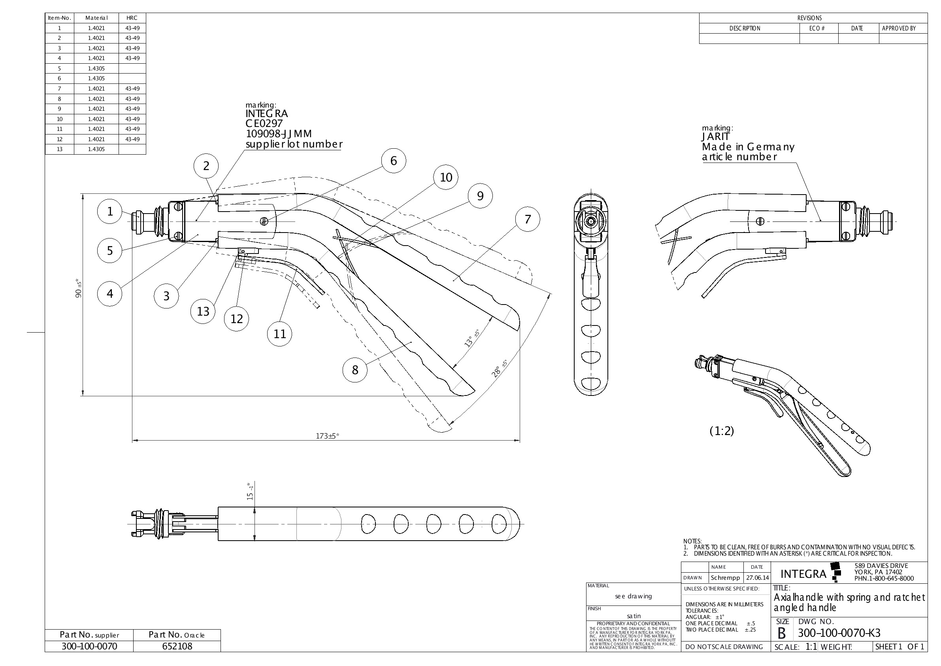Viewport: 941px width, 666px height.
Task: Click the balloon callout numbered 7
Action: (x=528, y=219)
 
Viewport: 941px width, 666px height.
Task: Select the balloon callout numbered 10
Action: (x=446, y=178)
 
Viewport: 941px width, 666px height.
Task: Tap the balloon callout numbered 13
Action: (x=203, y=312)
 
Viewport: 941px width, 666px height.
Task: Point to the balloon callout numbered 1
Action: (x=109, y=211)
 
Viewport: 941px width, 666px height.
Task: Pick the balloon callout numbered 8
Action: (x=355, y=370)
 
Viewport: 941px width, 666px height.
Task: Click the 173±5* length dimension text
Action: (x=328, y=436)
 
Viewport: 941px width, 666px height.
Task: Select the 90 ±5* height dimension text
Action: (x=79, y=288)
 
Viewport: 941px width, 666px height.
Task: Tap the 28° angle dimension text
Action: (x=499, y=368)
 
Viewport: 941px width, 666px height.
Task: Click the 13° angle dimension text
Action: (x=472, y=338)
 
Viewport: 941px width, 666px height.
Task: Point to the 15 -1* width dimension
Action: (x=250, y=491)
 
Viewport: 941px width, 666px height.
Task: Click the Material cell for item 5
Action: (x=96, y=68)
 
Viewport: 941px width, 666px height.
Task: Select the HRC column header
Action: (x=132, y=18)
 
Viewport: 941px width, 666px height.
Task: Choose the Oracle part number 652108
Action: (x=177, y=646)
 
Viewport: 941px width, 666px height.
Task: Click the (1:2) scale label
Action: (x=722, y=431)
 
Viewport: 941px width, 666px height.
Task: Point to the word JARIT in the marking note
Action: (x=716, y=136)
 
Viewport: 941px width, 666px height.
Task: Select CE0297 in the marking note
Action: (x=264, y=123)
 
